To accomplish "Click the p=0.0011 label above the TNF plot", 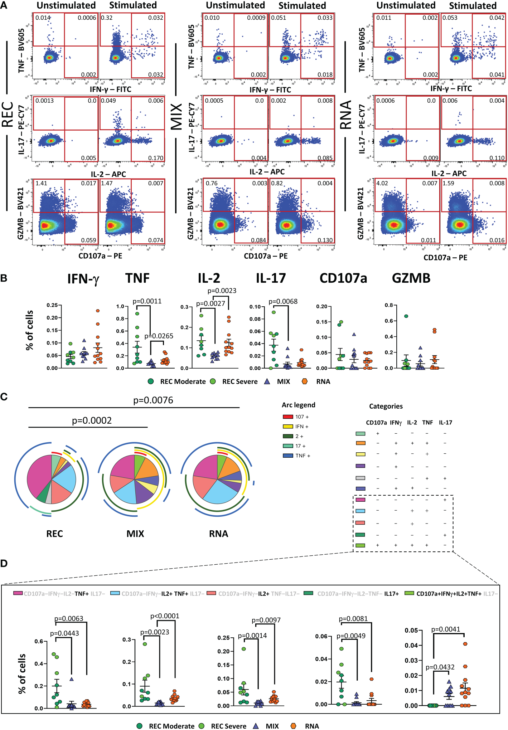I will coord(147,301).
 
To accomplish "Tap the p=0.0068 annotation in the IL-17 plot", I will coord(283,302).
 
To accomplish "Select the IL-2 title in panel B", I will coord(209,278).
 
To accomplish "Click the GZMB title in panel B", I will coord(411,278).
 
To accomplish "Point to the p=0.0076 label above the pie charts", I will coord(153,400).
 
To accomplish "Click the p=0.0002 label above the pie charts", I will coord(92,420).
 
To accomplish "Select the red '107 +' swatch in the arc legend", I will coord(288,417).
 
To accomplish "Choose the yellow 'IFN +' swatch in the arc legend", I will coord(288,427).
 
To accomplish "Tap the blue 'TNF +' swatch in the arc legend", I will coord(288,456).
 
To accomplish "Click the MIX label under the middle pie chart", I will coord(135,534).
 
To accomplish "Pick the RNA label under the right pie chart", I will coord(218,534).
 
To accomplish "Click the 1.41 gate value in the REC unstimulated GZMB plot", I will coord(41,184).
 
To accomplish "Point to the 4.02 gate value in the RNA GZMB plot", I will coord(382,184).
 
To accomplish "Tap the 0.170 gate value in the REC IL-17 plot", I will coord(156,158).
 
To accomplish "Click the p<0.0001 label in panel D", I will coord(165,616).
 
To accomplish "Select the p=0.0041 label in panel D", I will coord(445,629).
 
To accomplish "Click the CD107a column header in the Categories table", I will coord(376,423).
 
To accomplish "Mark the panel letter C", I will coord(4,397).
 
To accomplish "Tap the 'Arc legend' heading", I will coord(298,405).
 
